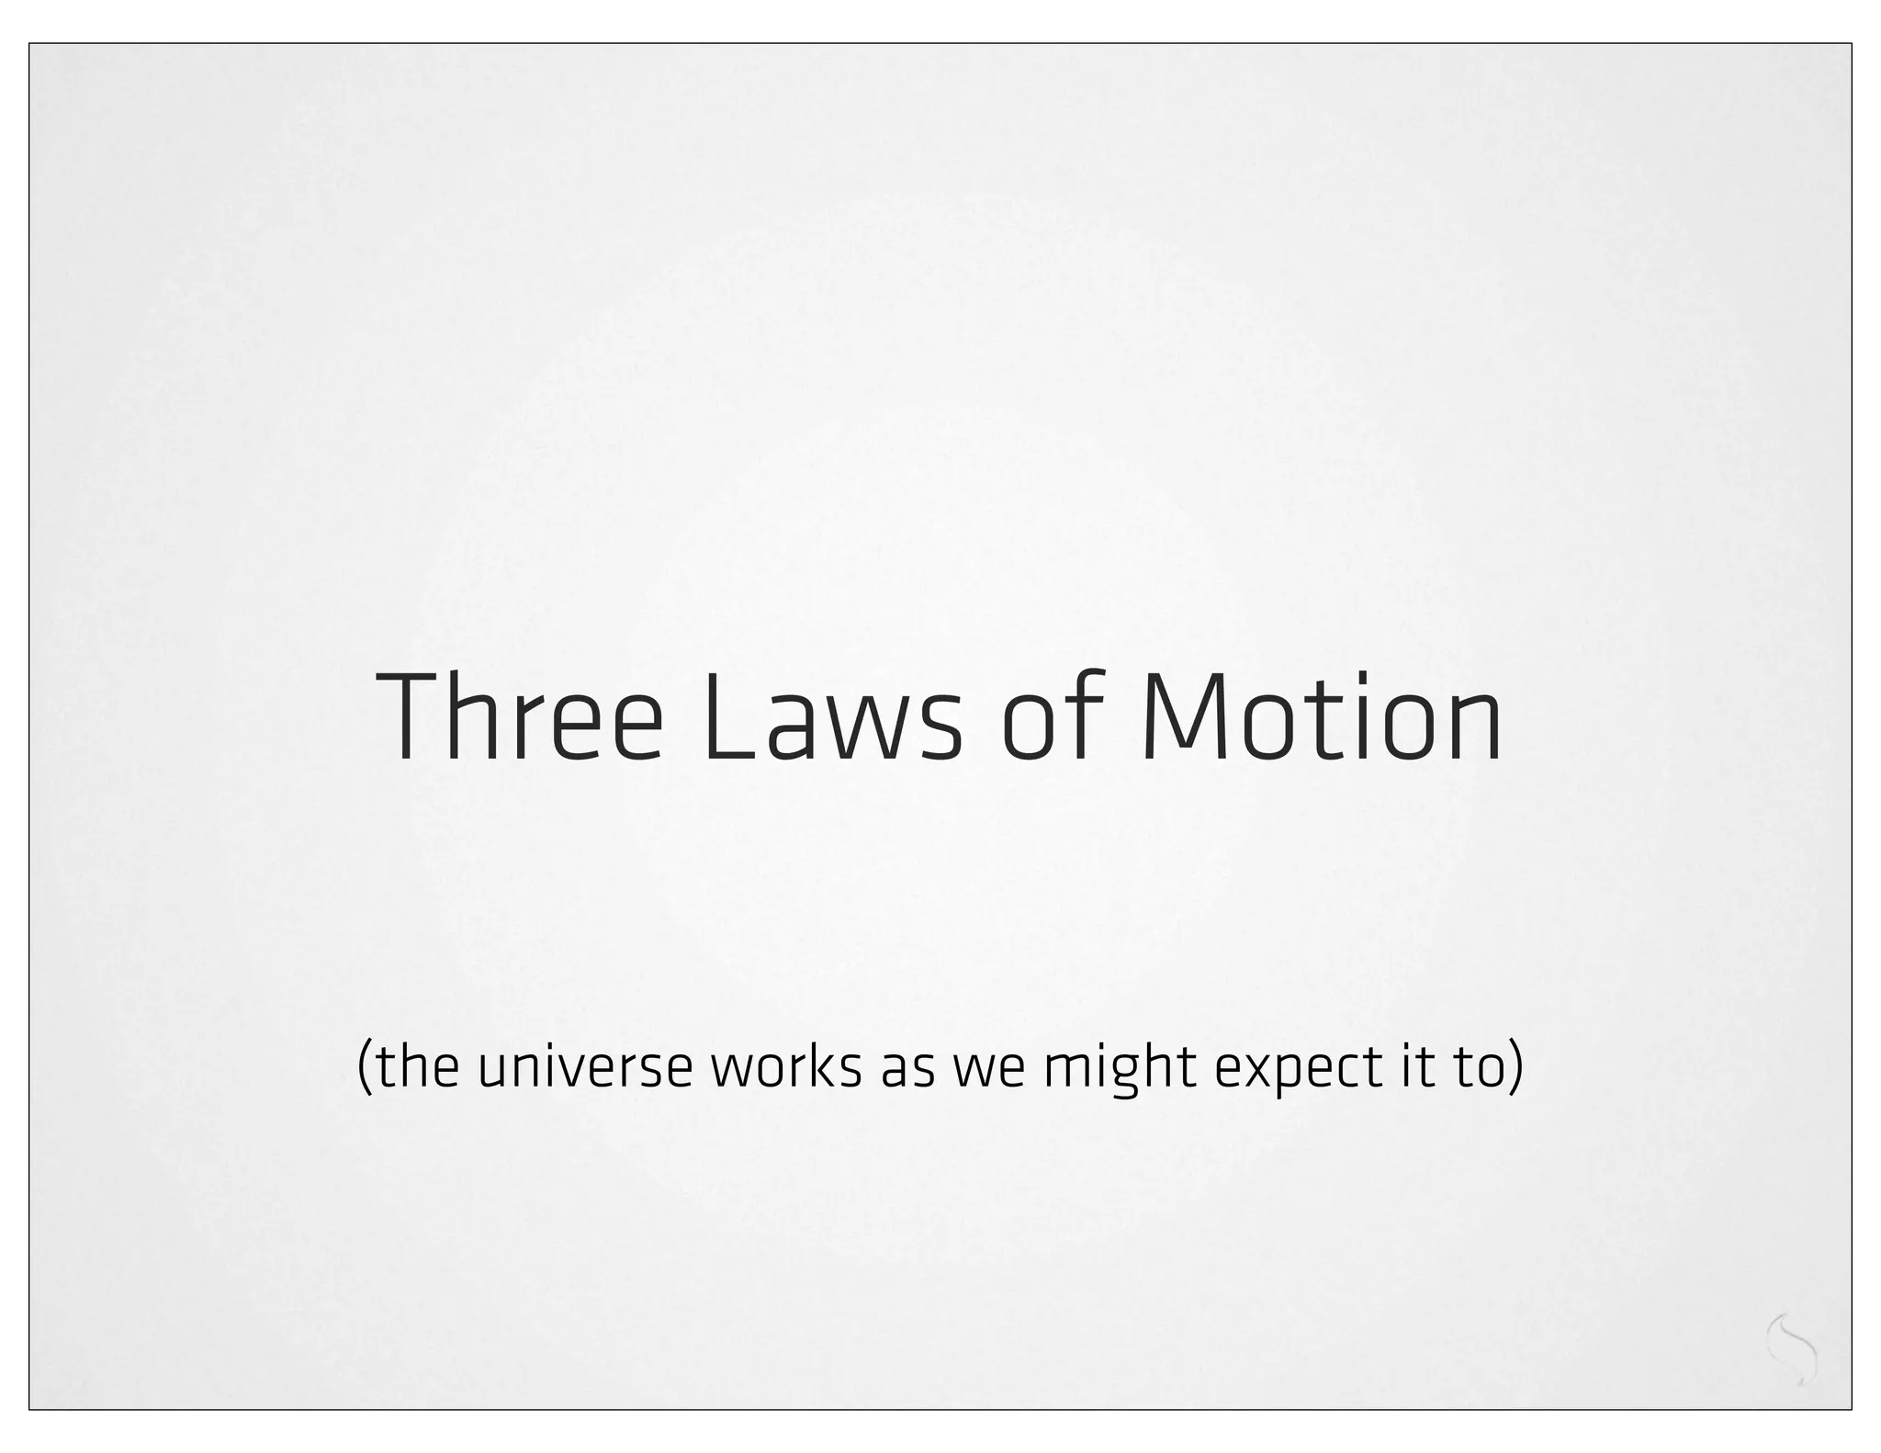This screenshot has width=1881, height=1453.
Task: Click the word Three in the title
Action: click(x=519, y=717)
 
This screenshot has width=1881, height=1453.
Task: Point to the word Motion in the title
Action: click(x=1323, y=717)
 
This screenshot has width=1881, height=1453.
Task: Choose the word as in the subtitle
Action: click(x=904, y=1068)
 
